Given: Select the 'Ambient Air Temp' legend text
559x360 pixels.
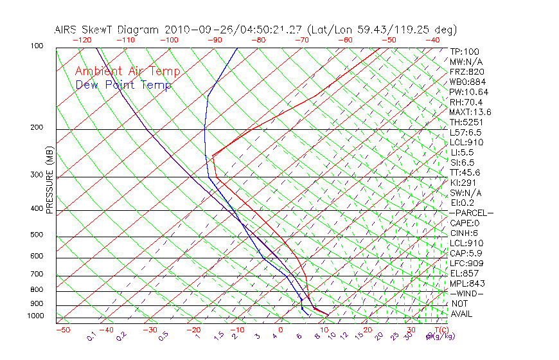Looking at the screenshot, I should pos(127,71).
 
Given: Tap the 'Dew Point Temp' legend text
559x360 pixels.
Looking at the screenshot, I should pos(123,85).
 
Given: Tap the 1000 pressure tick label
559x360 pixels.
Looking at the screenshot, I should pos(36,316).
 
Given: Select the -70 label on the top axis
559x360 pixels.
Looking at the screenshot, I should pos(301,40).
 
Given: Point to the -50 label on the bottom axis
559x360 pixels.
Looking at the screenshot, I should pos(62,330).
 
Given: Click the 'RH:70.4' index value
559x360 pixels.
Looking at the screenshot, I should pos(466,102).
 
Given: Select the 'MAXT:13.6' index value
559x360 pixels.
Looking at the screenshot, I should pos(470,113).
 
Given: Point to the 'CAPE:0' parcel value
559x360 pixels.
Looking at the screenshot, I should pos(465,223).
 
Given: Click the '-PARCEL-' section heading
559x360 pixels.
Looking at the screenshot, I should pos(471,213).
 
